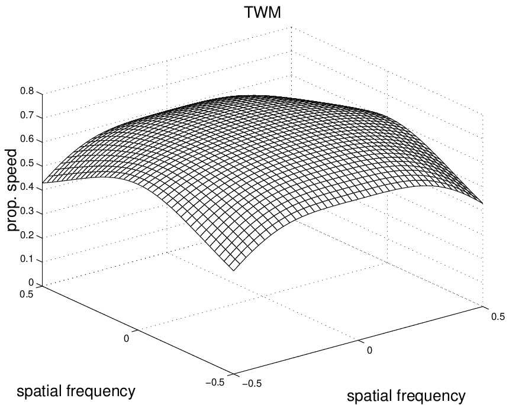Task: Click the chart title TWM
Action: (x=262, y=12)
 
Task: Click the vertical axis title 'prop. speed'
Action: (x=12, y=190)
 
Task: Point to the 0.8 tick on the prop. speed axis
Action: (x=28, y=92)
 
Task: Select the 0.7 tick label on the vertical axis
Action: (x=28, y=116)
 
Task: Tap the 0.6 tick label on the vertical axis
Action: (x=28, y=140)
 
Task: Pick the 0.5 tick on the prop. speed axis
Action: (x=28, y=164)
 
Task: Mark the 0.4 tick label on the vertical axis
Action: (x=28, y=188)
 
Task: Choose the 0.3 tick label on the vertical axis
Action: (x=28, y=212)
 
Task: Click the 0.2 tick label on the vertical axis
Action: (x=28, y=236)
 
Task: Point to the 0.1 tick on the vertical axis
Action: (x=28, y=260)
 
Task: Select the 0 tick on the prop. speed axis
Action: (x=31, y=283)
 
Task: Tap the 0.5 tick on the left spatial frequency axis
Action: (x=28, y=294)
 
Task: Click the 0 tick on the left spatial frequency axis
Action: (x=126, y=338)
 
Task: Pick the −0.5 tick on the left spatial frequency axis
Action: (x=215, y=383)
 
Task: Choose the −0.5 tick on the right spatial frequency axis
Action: (x=252, y=384)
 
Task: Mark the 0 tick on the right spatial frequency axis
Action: (x=369, y=350)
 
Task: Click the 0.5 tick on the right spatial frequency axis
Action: (x=497, y=316)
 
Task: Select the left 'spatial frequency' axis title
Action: (x=76, y=391)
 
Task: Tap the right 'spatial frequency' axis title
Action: (x=406, y=396)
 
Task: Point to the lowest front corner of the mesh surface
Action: (x=233, y=270)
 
